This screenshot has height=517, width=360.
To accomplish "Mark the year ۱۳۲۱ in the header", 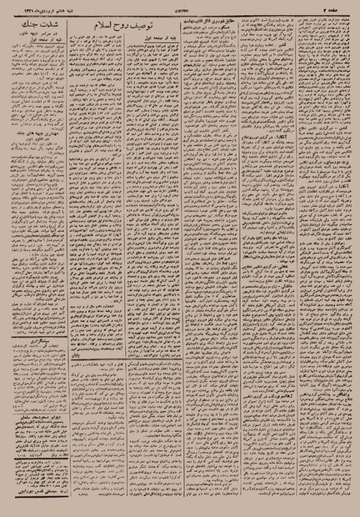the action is pyautogui.click(x=31, y=10).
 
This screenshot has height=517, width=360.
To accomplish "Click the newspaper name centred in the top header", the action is pyautogui.click(x=178, y=10).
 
